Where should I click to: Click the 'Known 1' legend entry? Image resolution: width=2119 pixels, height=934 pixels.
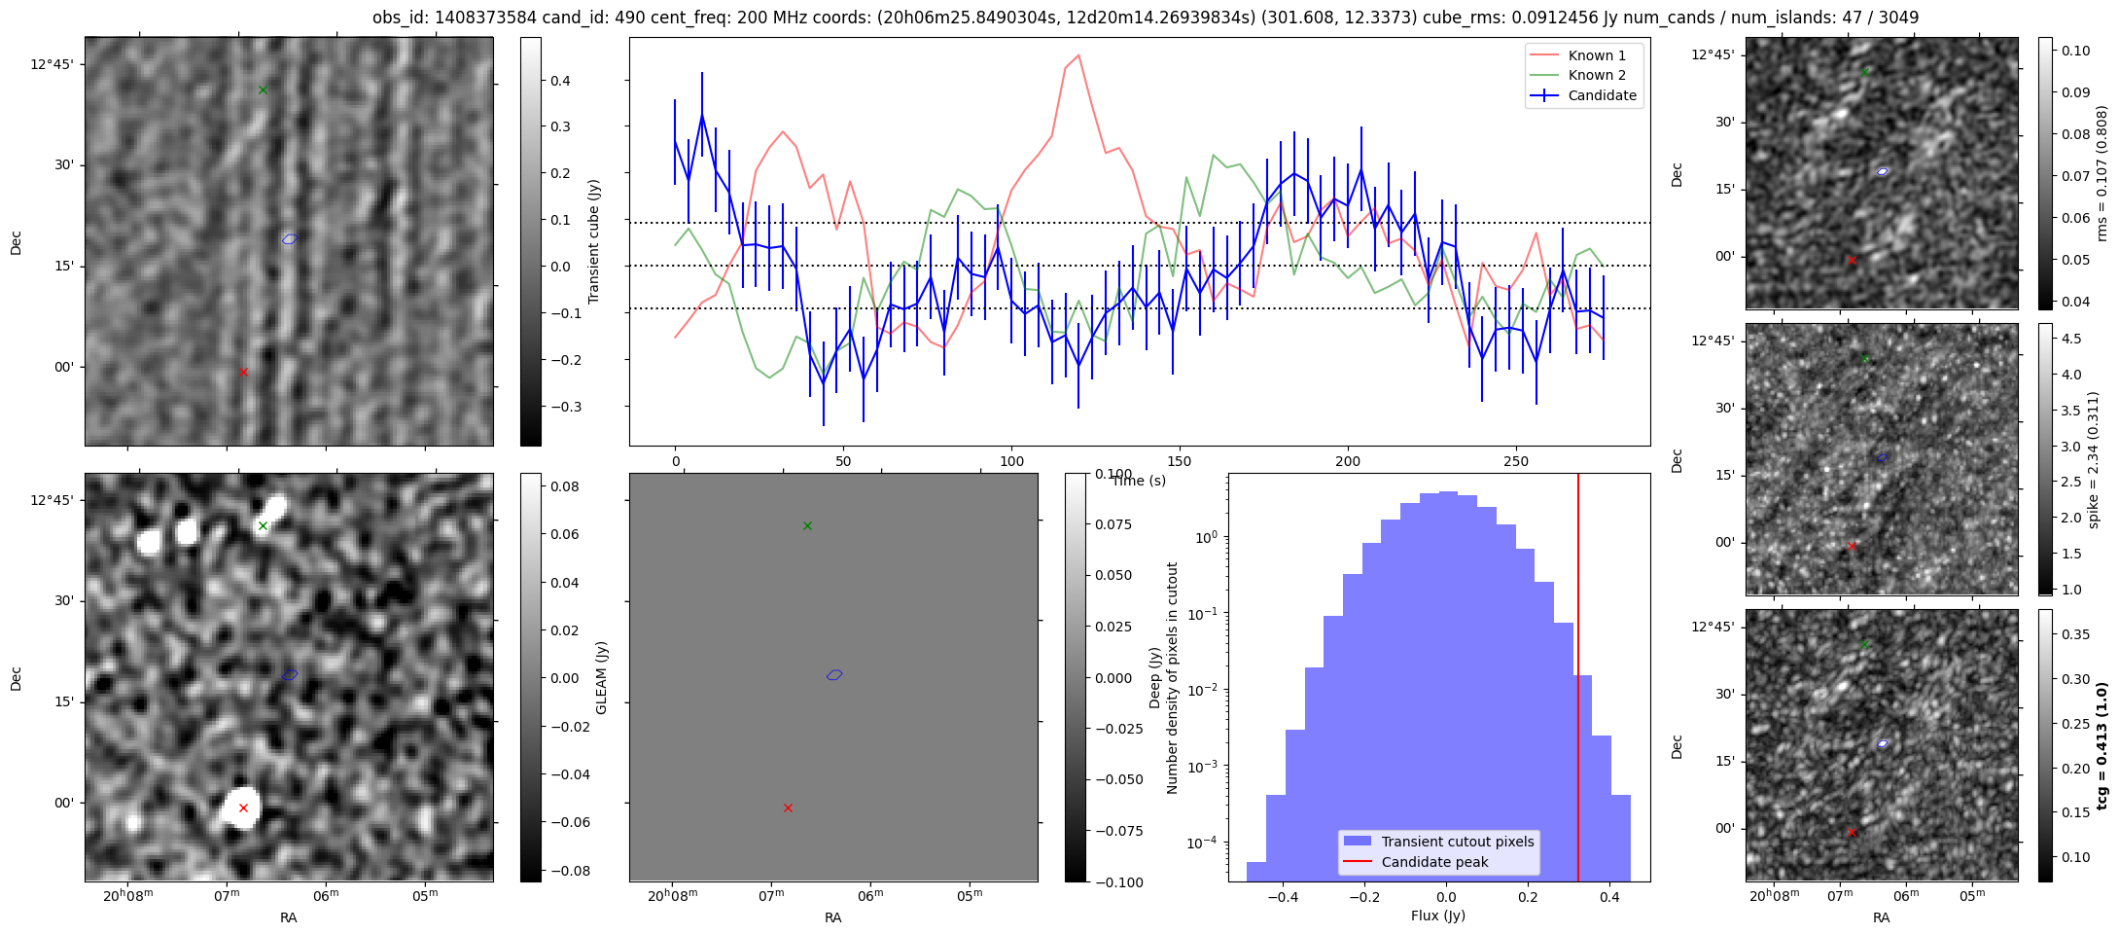(x=1596, y=55)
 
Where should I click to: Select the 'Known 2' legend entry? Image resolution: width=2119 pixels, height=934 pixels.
(x=1596, y=75)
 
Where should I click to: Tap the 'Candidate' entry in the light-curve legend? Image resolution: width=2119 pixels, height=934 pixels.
(x=1602, y=95)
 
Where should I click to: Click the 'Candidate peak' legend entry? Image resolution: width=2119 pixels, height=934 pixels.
(x=1434, y=862)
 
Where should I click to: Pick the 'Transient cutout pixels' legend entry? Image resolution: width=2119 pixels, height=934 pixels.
(x=1457, y=842)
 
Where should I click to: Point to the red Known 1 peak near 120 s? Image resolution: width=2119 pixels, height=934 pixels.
(x=1078, y=55)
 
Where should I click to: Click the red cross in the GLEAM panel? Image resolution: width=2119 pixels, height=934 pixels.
(x=243, y=808)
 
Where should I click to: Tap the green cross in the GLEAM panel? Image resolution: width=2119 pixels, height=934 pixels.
(x=263, y=526)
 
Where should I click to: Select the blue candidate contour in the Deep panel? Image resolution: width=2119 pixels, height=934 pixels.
(x=834, y=675)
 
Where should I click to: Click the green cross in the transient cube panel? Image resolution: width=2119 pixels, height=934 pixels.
(x=263, y=90)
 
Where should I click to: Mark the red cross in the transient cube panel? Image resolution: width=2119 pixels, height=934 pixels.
(x=243, y=372)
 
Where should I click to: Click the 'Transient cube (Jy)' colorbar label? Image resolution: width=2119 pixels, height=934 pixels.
(x=593, y=241)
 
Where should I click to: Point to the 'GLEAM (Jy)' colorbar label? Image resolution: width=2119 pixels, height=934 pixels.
(x=601, y=677)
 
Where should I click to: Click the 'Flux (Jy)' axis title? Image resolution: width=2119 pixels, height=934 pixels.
(x=1437, y=916)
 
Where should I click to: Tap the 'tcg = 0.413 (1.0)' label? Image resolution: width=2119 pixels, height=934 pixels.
(x=2101, y=745)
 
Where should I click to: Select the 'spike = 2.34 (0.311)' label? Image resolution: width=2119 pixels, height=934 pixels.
(x=2094, y=459)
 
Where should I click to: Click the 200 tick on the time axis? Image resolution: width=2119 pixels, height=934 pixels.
(x=1348, y=461)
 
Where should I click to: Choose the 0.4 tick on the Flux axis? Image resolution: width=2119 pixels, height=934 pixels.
(x=1609, y=897)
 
